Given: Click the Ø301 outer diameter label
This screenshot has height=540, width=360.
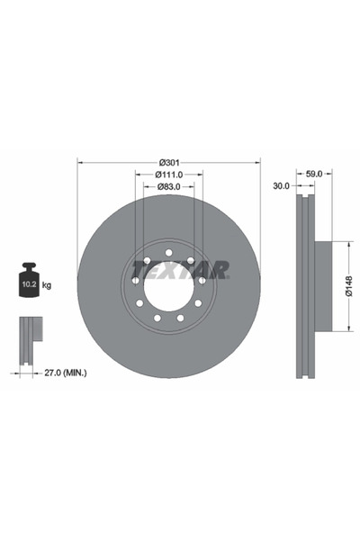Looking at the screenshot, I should click(169, 162).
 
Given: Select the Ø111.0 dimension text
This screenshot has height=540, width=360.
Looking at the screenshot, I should click(169, 174).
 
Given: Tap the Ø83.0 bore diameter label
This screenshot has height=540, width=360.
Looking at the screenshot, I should click(169, 186).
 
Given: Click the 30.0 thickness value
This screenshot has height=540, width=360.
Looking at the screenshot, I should click(281, 186).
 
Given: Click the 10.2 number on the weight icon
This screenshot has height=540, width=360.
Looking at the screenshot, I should click(28, 285).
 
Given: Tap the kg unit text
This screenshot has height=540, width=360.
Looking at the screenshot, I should click(46, 285).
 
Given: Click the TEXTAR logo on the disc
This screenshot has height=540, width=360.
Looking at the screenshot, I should click(180, 269).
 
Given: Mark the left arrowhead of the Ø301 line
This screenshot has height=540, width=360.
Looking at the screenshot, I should click(81, 162).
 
